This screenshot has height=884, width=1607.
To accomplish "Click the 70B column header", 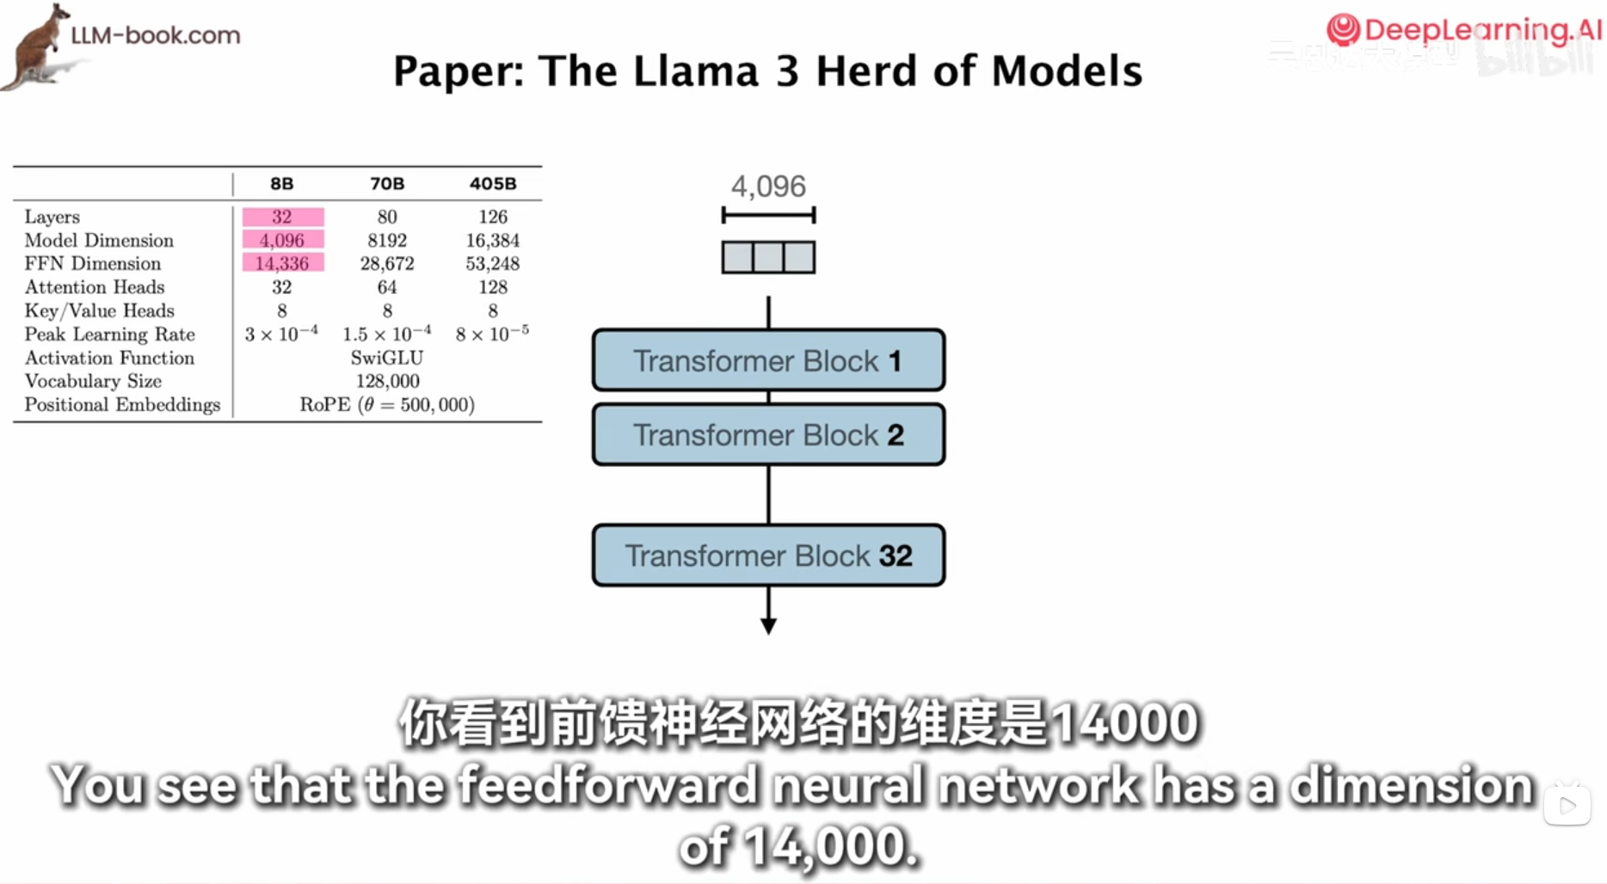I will pos(387,183).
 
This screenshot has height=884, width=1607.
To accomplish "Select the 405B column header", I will pos(493,183).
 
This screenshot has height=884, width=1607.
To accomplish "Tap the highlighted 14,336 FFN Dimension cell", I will pos(282,263).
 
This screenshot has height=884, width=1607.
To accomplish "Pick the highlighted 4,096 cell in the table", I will pos(282,240).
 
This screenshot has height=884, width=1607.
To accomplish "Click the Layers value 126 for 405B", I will pos(493,217).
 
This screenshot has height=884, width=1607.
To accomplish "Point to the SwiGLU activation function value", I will pos(387,358).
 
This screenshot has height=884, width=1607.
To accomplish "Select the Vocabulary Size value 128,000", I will pos(387,381).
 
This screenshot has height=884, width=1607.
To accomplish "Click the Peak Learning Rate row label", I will pos(109,335).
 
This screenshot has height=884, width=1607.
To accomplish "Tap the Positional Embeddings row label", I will pos(122,405).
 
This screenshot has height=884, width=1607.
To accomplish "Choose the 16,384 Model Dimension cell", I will pos(493,240).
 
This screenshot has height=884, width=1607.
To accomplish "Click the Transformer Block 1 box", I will pos(768,360).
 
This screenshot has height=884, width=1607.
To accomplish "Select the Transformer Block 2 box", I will pos(768,435).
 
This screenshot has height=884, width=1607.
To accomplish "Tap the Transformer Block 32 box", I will pos(768,556).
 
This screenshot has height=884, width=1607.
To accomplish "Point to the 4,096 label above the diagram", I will pos(768,186).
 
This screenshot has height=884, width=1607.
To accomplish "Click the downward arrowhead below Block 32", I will pos(768,625).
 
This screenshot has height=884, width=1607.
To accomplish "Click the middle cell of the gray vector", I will pos(768,257).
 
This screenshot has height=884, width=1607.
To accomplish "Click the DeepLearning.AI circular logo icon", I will pos(1343,30).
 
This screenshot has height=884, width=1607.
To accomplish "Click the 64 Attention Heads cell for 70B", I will pos(387,287).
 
